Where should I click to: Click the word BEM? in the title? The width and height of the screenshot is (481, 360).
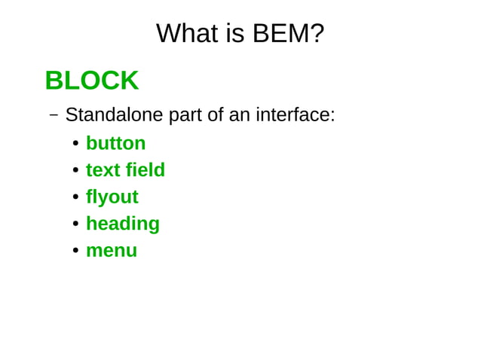point(288,33)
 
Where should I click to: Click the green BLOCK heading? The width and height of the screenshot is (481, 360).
point(91,80)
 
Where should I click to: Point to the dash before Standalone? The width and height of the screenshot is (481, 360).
point(54,115)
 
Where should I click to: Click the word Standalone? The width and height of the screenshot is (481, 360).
point(114,115)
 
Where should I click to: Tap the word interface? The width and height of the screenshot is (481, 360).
point(295,115)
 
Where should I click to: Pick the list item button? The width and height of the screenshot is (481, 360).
point(115,143)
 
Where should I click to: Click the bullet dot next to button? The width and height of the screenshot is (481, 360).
point(75,144)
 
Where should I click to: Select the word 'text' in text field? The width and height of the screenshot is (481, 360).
point(103,170)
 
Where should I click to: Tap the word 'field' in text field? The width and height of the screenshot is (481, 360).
point(146,170)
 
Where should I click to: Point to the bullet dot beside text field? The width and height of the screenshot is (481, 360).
point(75,171)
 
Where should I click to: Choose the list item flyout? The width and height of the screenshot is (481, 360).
point(112,197)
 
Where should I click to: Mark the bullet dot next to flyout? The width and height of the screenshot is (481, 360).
point(75,197)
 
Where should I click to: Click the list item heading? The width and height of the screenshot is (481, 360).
point(122,224)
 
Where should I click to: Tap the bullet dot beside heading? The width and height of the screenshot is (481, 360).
point(75,224)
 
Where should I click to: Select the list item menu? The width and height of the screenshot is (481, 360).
point(111,251)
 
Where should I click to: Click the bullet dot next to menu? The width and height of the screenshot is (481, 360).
point(75,251)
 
